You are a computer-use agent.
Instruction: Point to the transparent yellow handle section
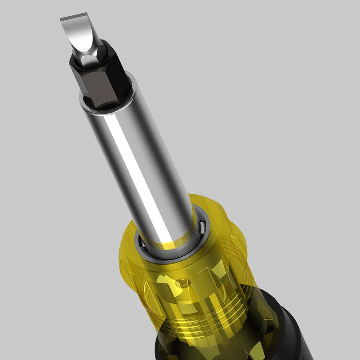pos(202,281)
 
